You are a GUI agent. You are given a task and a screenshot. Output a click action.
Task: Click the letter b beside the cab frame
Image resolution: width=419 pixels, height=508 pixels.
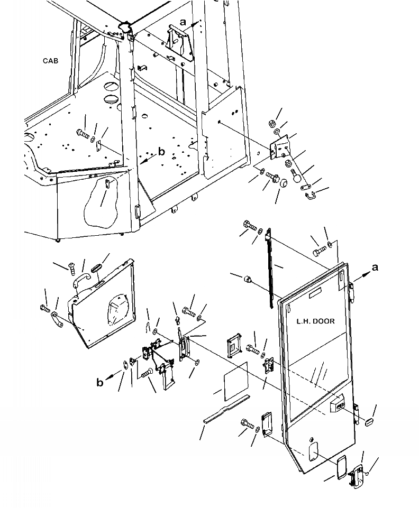coord(162,152)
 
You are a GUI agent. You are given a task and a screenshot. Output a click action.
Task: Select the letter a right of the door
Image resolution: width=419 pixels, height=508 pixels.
coord(375,267)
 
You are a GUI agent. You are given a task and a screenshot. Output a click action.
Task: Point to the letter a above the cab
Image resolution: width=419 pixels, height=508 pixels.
coord(183,22)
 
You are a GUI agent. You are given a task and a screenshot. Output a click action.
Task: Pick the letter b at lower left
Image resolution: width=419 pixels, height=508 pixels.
coord(100,382)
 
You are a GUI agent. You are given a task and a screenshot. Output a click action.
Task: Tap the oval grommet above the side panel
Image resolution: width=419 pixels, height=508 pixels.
coord(99,266)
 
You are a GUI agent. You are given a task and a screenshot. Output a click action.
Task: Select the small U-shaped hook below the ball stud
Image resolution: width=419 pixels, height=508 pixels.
coord(310,197)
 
